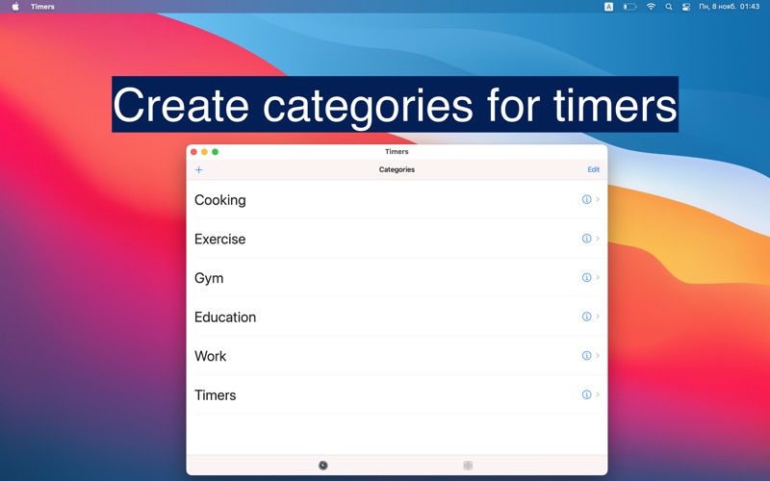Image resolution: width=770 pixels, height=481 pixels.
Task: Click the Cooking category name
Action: (x=219, y=200)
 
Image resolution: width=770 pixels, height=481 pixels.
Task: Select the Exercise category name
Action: (x=219, y=240)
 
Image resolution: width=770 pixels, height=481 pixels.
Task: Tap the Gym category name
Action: (x=209, y=278)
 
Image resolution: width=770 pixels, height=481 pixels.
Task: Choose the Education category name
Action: (x=225, y=317)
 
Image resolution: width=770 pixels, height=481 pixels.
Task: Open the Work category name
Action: (x=210, y=356)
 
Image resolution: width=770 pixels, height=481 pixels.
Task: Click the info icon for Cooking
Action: (x=586, y=200)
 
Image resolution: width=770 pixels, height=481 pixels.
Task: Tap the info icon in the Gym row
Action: (x=586, y=278)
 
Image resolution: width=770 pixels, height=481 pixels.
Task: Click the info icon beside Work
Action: (x=586, y=356)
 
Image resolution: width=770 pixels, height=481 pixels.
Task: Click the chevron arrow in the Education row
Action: (x=598, y=316)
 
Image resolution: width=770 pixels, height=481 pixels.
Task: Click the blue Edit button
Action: (x=593, y=169)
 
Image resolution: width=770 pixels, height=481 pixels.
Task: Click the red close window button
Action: (x=193, y=152)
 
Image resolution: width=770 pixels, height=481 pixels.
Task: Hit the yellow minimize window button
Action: (x=204, y=152)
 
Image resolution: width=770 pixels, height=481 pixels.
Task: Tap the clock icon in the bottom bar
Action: (x=323, y=466)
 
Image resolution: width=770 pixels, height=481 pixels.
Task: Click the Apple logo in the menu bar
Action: (x=15, y=7)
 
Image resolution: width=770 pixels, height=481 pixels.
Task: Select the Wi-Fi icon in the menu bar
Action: (x=651, y=7)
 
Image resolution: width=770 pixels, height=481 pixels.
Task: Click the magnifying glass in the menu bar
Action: (x=669, y=7)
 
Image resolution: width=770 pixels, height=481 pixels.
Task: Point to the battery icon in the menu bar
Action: (x=629, y=7)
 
